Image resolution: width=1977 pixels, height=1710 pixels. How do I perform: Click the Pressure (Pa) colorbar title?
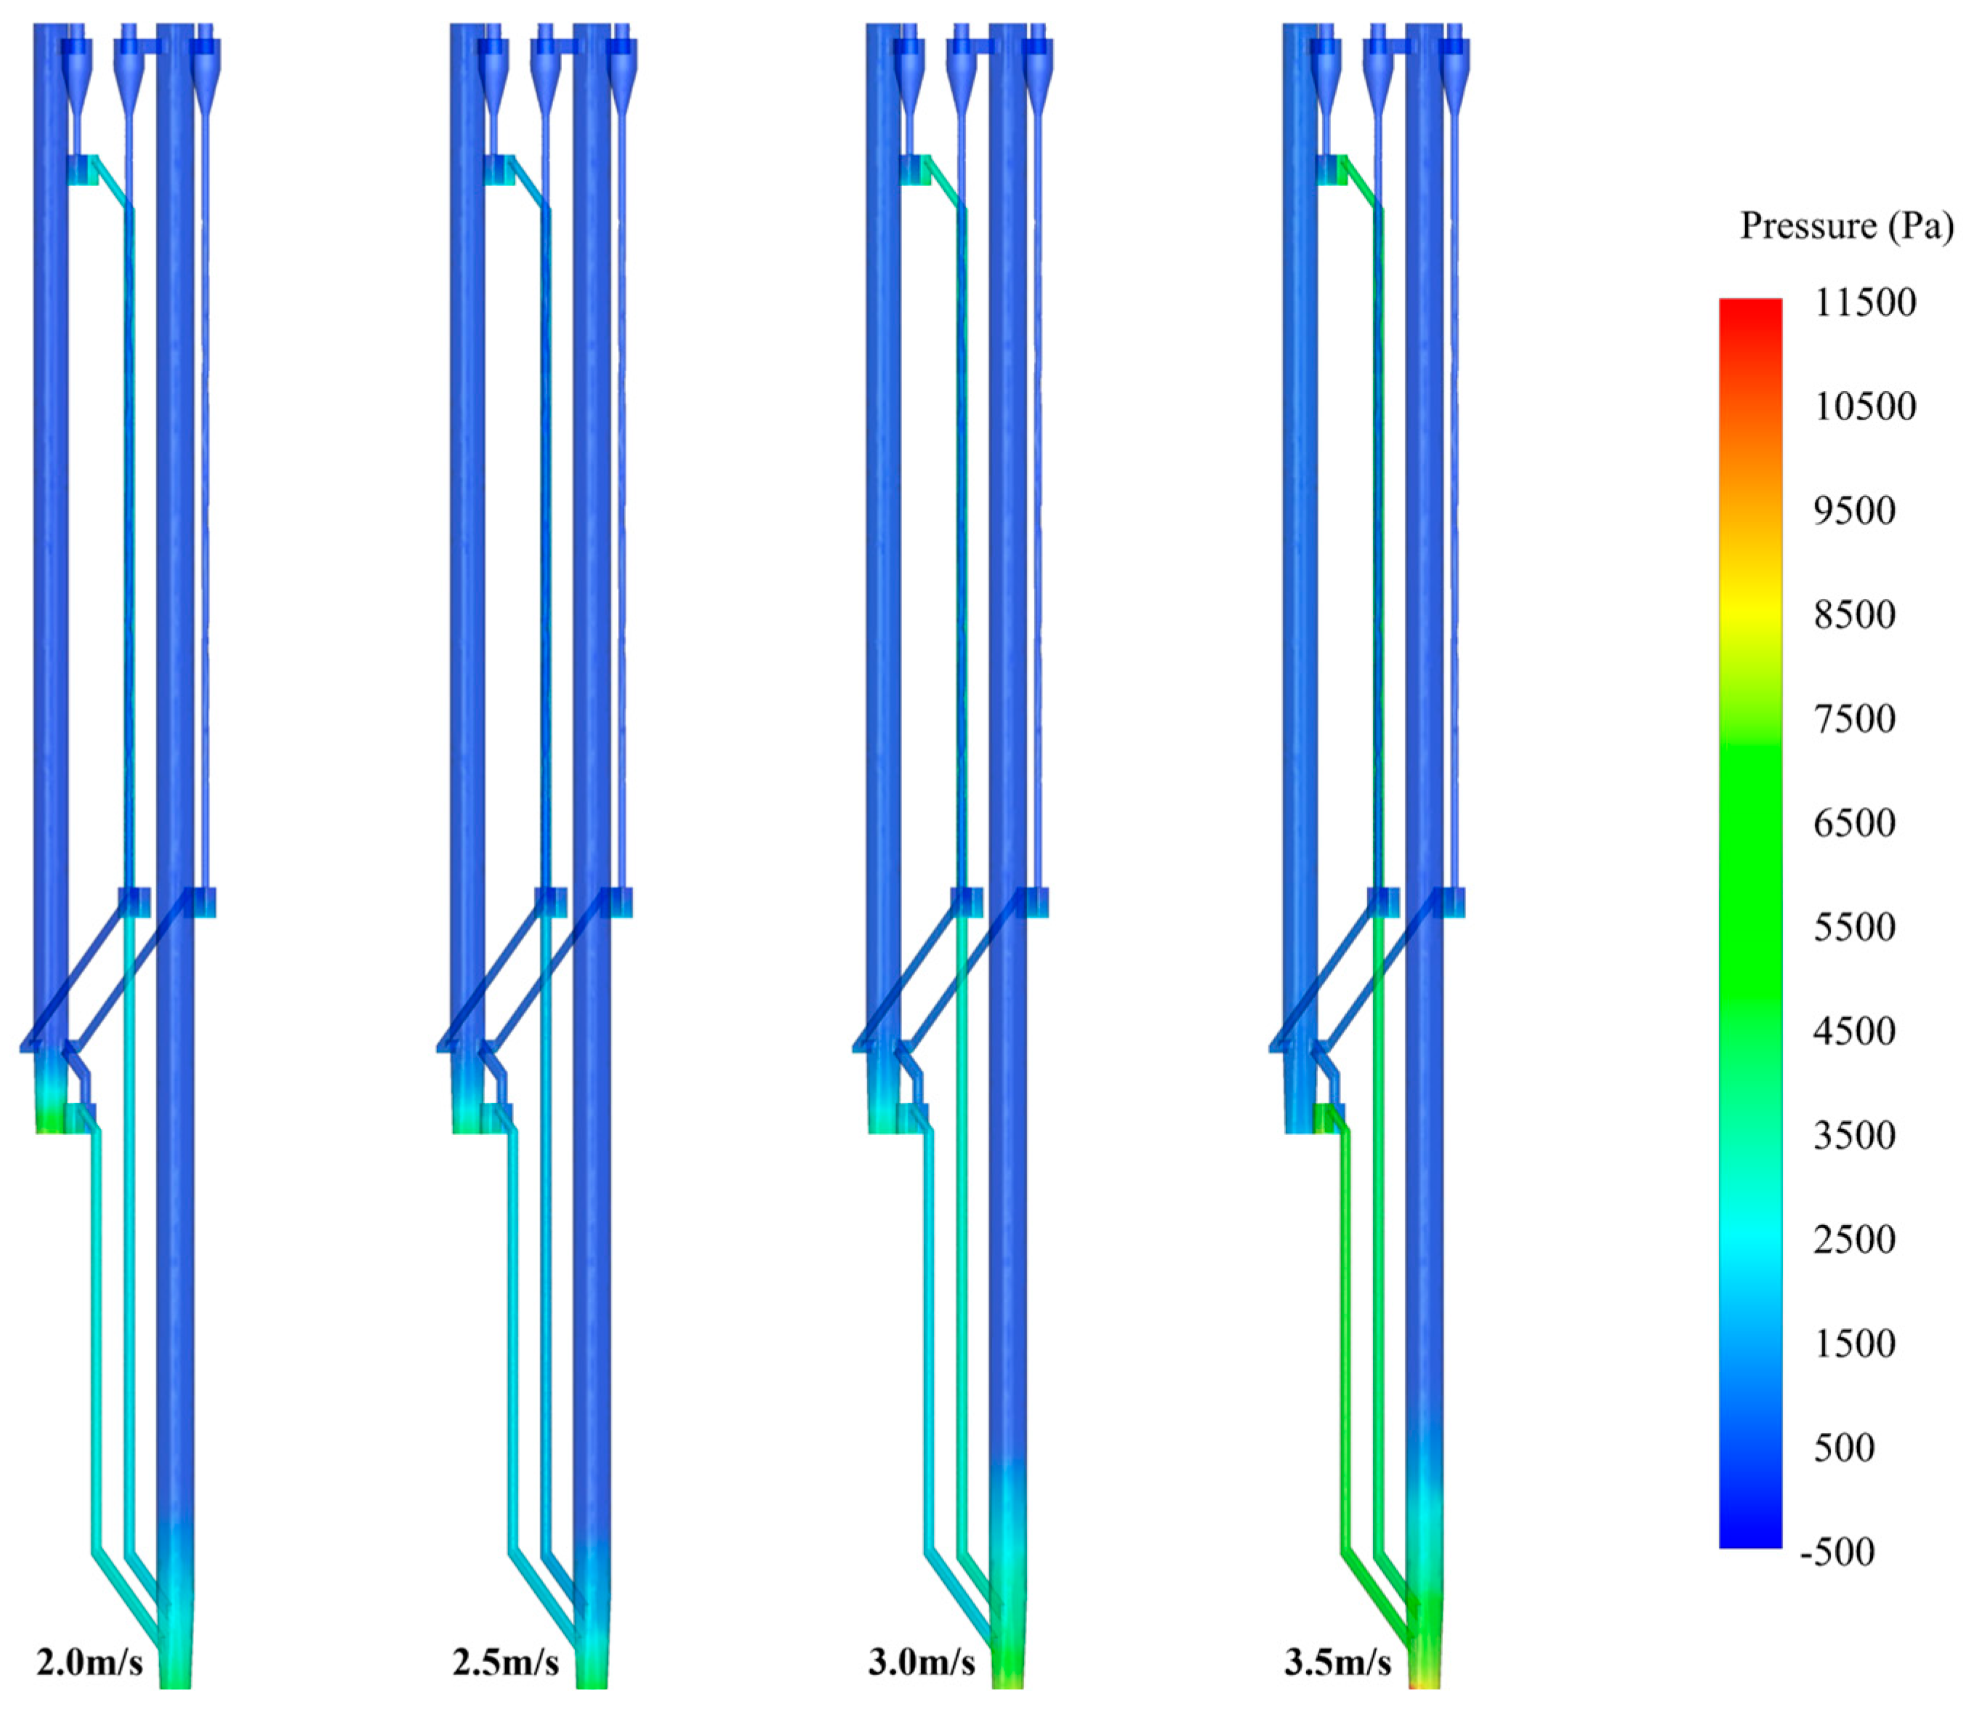pyautogui.click(x=1846, y=226)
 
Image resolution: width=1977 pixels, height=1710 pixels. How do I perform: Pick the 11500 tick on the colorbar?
pyautogui.click(x=1864, y=302)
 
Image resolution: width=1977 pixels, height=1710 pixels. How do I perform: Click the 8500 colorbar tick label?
pyautogui.click(x=1855, y=614)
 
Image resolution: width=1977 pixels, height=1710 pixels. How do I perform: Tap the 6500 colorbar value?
pyautogui.click(x=1855, y=822)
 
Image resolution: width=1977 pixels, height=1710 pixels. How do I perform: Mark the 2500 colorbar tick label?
pyautogui.click(x=1855, y=1240)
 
